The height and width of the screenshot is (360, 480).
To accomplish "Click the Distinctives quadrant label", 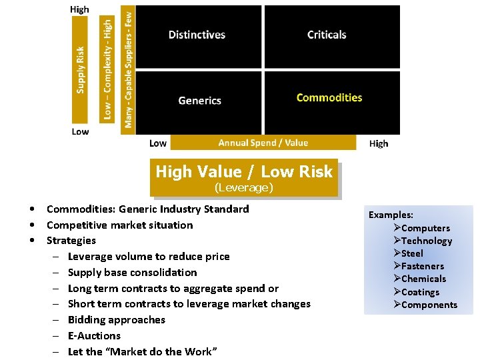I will (197, 35).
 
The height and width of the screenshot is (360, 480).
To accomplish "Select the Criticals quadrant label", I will (327, 35).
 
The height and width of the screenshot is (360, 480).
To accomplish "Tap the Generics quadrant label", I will (199, 101).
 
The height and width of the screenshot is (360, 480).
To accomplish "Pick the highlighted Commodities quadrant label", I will (329, 97).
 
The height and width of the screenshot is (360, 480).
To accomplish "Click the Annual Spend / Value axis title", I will (263, 143).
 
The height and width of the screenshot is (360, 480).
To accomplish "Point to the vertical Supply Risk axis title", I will (80, 69).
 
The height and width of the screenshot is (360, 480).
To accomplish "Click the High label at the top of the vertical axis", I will (79, 9).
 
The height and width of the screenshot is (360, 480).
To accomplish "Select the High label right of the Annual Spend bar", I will (378, 143).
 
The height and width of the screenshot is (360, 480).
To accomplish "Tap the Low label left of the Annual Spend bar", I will (158, 143).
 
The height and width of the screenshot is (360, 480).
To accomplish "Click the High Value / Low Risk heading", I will (244, 171).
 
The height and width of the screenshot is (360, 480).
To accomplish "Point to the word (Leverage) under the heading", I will (244, 188).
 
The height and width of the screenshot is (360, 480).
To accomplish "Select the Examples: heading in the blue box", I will (391, 215).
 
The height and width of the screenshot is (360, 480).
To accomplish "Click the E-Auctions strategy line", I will (94, 335).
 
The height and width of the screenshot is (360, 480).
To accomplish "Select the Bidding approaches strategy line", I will (116, 319).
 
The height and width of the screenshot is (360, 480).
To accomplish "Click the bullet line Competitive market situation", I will (119, 225).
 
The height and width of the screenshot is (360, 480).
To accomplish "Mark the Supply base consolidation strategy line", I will (132, 272).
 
